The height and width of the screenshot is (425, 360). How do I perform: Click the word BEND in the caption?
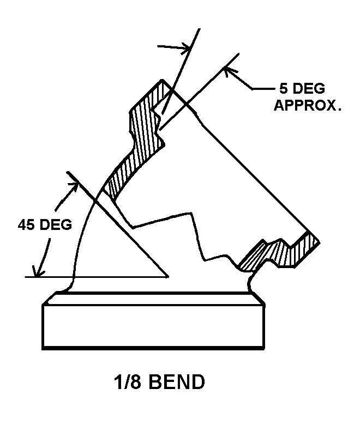(177, 382)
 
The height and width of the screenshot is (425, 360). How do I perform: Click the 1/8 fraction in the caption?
(128, 382)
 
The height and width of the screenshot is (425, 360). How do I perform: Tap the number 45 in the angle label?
(26, 224)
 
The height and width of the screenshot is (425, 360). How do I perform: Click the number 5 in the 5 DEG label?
(283, 88)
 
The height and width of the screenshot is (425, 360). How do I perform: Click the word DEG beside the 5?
(309, 88)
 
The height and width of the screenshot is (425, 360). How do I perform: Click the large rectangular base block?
(153, 326)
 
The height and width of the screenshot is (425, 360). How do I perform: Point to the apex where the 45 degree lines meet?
(168, 277)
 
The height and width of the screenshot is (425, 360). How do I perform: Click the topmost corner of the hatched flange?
(162, 80)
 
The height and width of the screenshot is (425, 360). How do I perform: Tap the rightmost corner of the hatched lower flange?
(320, 242)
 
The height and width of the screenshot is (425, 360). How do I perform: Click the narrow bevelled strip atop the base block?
(154, 299)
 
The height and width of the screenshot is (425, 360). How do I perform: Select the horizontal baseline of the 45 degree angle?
(97, 277)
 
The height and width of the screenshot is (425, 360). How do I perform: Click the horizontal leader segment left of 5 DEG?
(263, 89)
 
